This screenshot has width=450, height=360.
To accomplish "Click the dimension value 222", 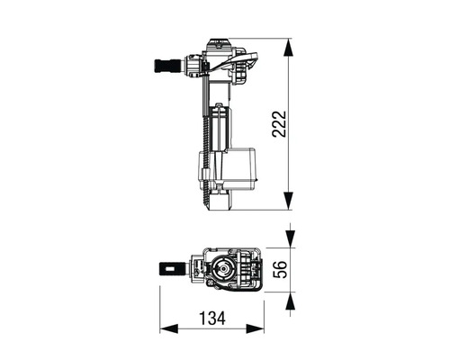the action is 279,124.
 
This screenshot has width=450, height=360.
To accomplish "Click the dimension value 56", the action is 280,270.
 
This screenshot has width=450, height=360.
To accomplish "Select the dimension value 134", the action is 212,319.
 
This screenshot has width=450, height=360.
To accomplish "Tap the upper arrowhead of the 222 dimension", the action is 288,47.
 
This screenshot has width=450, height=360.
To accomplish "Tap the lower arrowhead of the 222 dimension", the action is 288,201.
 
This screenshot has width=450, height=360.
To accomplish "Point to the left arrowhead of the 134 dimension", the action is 168,328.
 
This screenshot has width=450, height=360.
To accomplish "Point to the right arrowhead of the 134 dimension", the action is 256,328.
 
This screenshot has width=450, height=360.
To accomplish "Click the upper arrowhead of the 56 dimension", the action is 290,239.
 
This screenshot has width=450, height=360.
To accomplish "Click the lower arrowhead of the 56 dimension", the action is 290,301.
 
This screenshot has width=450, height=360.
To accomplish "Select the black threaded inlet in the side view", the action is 168,66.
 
